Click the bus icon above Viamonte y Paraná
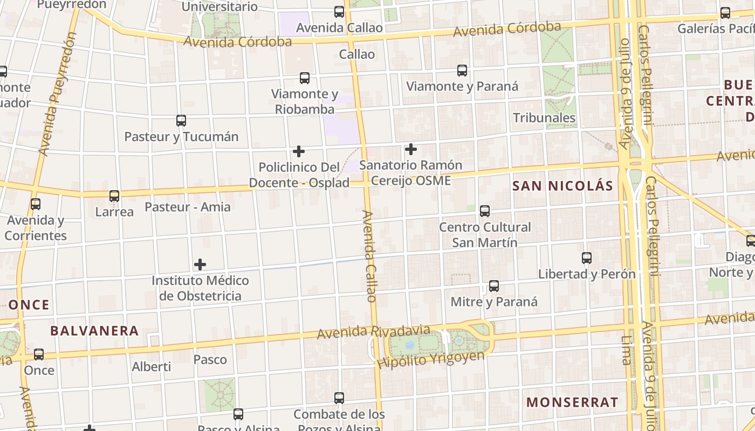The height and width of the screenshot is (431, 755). pos(462,70)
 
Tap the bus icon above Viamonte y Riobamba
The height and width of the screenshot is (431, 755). pos(305,78)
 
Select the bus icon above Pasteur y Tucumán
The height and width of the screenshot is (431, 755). pos(181,121)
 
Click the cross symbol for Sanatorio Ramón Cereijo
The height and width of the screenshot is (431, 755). pos(411,149)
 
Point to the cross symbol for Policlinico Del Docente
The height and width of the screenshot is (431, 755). pos(299,151)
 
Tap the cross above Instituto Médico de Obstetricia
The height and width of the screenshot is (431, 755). pos(200,265)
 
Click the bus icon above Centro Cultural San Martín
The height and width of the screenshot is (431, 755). pos(485,211)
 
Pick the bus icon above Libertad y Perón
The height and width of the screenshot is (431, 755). pos(587,258)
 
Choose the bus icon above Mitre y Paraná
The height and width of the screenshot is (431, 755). pos(494,286)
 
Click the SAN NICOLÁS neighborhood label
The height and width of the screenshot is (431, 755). pos(562,186)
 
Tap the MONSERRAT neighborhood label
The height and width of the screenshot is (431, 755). pos(572,402)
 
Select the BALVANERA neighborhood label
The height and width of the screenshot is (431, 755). pos(95,331)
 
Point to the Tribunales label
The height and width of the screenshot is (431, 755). pos(544,118)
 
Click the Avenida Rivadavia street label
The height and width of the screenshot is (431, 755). pos(373,332)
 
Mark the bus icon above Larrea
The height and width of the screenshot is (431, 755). pos(114,196)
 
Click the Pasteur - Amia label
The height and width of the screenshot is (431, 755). pos(188,207)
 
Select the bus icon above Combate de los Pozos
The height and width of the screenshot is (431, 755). pos(339,398)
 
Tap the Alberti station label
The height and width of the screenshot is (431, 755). pos(152,367)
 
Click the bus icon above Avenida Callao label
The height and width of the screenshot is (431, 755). pos(339,12)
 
